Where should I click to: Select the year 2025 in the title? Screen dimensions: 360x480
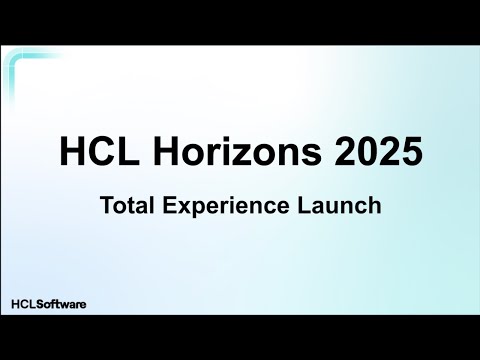[376, 153]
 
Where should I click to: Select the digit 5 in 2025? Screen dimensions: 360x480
[410, 153]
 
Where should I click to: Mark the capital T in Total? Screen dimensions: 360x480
[105, 207]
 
